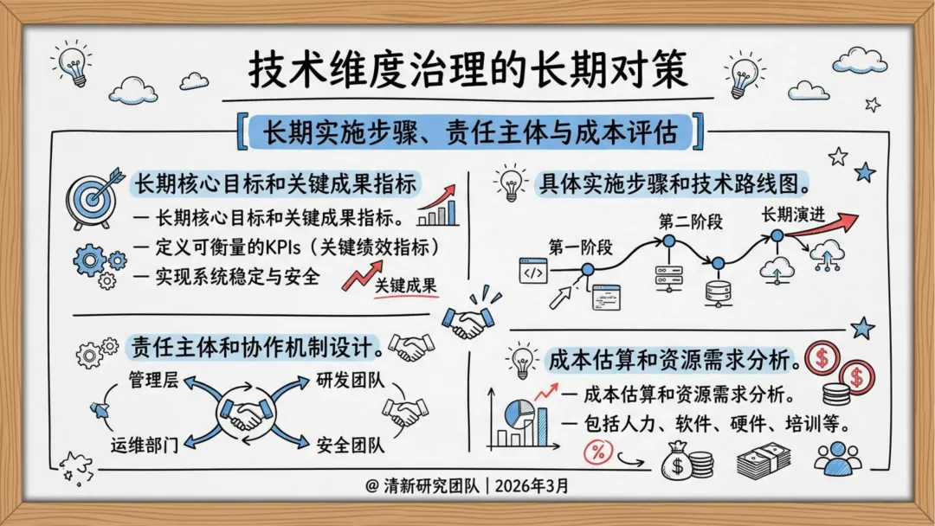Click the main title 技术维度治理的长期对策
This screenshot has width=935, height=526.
tap(468, 70)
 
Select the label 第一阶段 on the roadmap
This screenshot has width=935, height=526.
tap(580, 247)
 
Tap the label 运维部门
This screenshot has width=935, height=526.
tap(144, 446)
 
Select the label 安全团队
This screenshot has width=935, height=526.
tap(350, 446)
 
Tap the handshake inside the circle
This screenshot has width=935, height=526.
tap(245, 414)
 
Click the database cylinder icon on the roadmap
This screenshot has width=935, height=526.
tap(717, 291)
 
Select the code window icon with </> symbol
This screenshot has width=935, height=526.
tap(535, 272)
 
